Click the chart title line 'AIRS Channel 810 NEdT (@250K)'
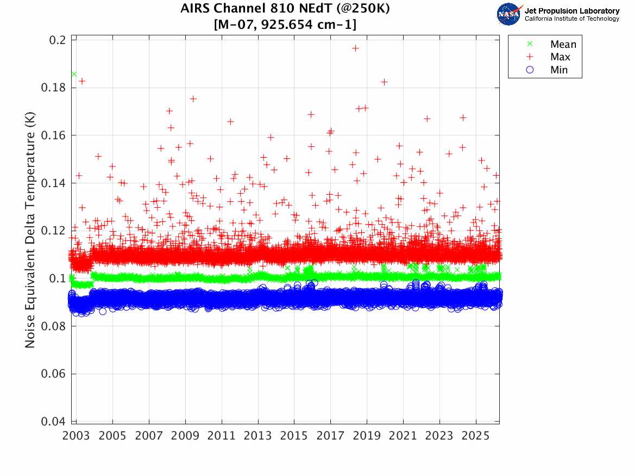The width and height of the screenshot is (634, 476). click(285, 9)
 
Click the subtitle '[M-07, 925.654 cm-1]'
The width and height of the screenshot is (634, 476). click(285, 24)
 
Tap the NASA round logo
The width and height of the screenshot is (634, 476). click(509, 14)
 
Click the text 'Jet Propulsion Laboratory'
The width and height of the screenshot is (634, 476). click(572, 11)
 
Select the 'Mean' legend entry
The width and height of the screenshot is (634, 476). click(563, 45)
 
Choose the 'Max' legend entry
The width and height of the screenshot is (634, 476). click(560, 57)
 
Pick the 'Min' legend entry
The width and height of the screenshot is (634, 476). click(559, 70)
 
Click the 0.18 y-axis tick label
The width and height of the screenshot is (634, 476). click(55, 88)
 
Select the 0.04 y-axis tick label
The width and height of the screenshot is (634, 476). click(55, 422)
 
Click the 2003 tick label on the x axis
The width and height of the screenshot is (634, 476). click(77, 436)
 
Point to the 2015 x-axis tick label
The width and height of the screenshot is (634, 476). click(294, 436)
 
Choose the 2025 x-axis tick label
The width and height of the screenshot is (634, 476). click(475, 436)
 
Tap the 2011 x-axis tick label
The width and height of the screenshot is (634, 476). click(222, 436)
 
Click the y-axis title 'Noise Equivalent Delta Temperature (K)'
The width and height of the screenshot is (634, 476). click(31, 231)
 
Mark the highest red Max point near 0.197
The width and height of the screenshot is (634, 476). click(355, 48)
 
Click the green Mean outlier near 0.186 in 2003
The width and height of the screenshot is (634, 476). click(74, 74)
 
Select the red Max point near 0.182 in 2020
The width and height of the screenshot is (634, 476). click(384, 82)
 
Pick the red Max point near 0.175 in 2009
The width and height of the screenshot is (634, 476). click(193, 98)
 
